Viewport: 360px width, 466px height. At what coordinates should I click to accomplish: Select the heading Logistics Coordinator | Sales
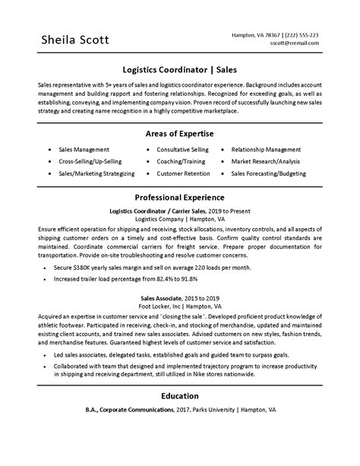(179, 68)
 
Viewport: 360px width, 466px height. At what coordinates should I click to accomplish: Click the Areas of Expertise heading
(179, 112)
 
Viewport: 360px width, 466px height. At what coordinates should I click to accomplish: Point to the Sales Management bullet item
(84, 128)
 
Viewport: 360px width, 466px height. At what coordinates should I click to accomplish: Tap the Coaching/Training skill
(182, 141)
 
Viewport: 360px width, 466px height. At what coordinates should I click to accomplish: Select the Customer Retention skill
(182, 152)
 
